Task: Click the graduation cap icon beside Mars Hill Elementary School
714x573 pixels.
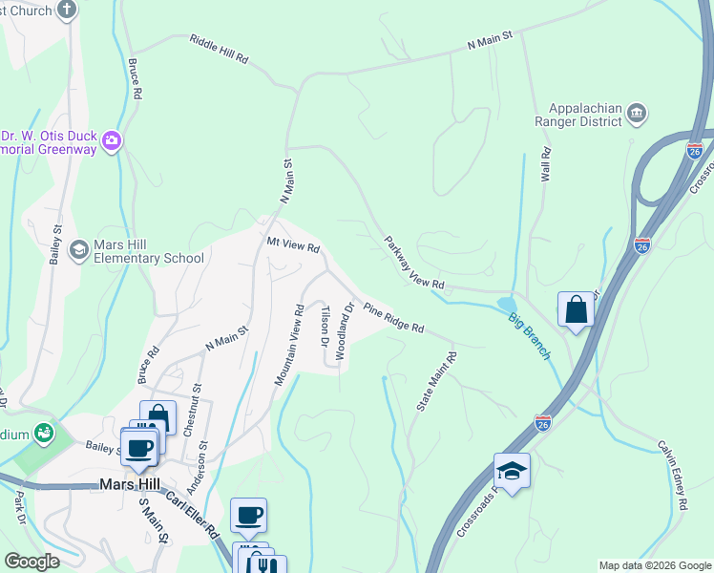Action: tap(79, 249)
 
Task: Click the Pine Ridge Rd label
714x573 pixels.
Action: tap(392, 317)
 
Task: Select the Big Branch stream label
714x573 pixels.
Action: tap(529, 336)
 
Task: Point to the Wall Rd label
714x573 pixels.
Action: tap(546, 164)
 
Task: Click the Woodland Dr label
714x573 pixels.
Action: tap(344, 331)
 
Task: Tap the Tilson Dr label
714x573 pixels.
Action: tap(325, 327)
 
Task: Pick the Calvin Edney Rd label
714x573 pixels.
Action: tap(673, 475)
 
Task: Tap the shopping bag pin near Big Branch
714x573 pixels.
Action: tap(576, 309)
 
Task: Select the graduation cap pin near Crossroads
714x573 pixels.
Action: tap(512, 471)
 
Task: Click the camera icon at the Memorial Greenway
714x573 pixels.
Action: tap(113, 142)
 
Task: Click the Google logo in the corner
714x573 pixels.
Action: tap(31, 562)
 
